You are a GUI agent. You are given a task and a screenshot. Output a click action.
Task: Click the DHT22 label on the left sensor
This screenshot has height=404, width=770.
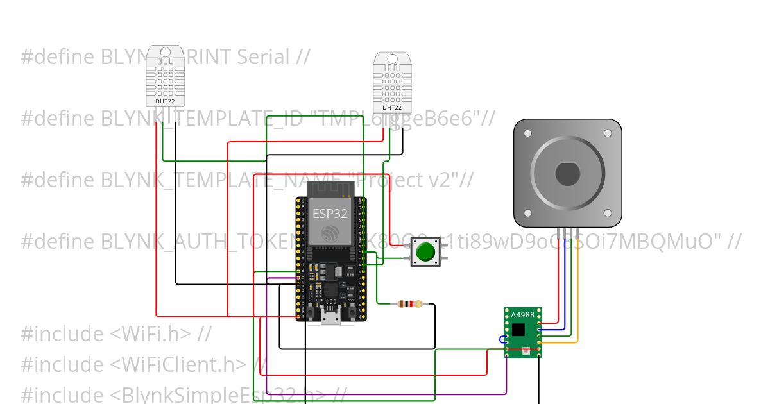[165, 101]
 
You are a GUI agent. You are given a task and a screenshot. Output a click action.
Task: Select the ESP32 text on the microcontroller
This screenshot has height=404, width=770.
[330, 213]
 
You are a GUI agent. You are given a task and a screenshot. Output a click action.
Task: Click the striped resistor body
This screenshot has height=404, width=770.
[410, 304]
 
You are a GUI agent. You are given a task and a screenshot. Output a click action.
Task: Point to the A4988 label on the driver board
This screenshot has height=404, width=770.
[522, 314]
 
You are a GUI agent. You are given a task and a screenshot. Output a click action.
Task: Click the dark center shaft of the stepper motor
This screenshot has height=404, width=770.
[567, 174]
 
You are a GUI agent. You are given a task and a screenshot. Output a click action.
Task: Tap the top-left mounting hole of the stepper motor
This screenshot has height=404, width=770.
[527, 133]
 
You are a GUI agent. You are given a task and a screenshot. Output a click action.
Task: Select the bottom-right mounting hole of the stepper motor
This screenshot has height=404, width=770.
[608, 214]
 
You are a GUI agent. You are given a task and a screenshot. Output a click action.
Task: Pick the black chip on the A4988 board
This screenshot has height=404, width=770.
[518, 330]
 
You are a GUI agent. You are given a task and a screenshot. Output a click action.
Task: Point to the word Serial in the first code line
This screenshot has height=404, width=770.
[263, 57]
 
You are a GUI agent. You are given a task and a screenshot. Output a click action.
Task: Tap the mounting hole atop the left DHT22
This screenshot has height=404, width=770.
[165, 51]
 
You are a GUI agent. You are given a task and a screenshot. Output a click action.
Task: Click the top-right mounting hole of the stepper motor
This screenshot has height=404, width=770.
[608, 133]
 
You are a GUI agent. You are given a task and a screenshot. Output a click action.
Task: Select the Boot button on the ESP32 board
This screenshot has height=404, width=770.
[350, 310]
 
